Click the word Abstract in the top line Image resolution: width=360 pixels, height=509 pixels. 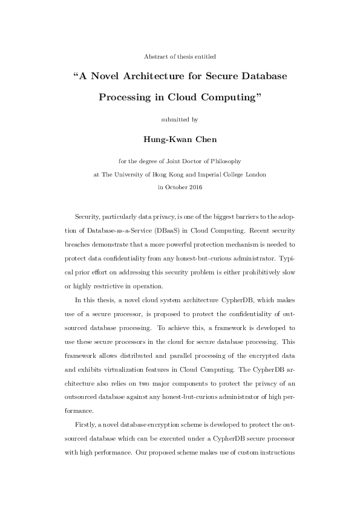[156, 56]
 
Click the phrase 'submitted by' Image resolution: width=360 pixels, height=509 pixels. [180, 119]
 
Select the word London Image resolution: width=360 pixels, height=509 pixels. [255, 174]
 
